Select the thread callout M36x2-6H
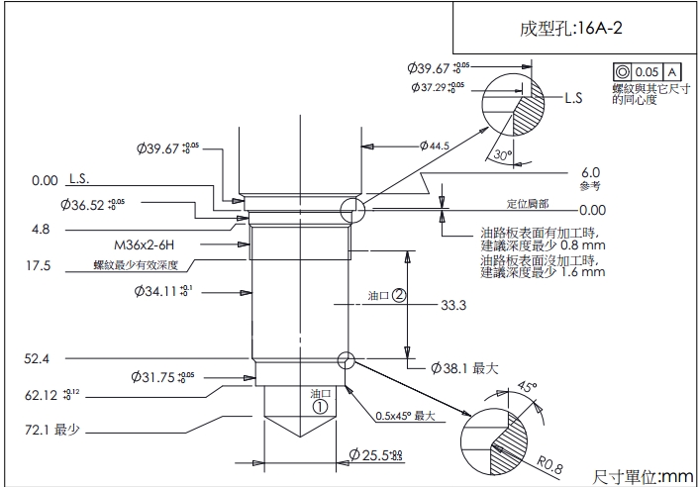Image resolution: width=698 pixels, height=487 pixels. (147, 243)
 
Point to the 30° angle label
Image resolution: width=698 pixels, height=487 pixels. (503, 155)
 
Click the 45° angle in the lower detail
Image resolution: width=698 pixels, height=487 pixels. (526, 387)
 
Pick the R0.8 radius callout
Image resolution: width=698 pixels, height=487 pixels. (549, 464)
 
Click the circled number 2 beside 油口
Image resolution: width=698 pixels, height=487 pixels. (398, 294)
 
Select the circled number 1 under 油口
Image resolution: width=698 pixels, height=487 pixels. (319, 405)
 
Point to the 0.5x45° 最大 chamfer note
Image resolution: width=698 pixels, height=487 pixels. (406, 415)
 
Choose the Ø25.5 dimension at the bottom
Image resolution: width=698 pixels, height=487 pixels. (375, 455)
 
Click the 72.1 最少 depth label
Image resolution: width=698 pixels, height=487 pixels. (52, 432)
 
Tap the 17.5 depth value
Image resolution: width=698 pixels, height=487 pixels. (39, 265)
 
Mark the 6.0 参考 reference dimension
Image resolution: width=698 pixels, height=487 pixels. (590, 176)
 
